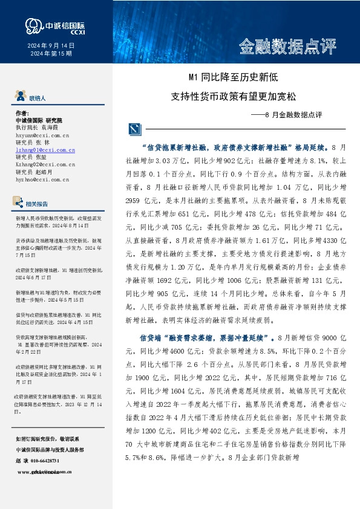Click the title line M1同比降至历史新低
click(233, 77)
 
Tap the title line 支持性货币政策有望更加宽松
click(234, 96)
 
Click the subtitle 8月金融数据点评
click(286, 114)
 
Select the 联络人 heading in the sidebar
click(38, 97)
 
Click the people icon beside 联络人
click(19, 96)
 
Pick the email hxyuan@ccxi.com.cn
click(42, 137)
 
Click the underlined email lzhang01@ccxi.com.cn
click(45, 149)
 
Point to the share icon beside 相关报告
click(19, 203)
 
